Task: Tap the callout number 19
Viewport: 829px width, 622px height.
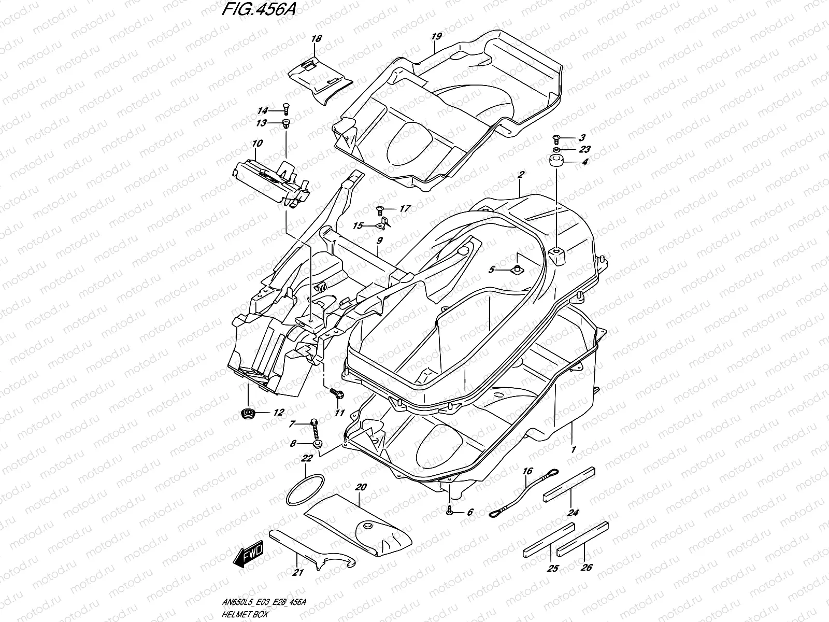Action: point(436,36)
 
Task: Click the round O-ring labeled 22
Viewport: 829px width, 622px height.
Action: point(305,490)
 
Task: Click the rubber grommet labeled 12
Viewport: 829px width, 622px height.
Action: point(249,413)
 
